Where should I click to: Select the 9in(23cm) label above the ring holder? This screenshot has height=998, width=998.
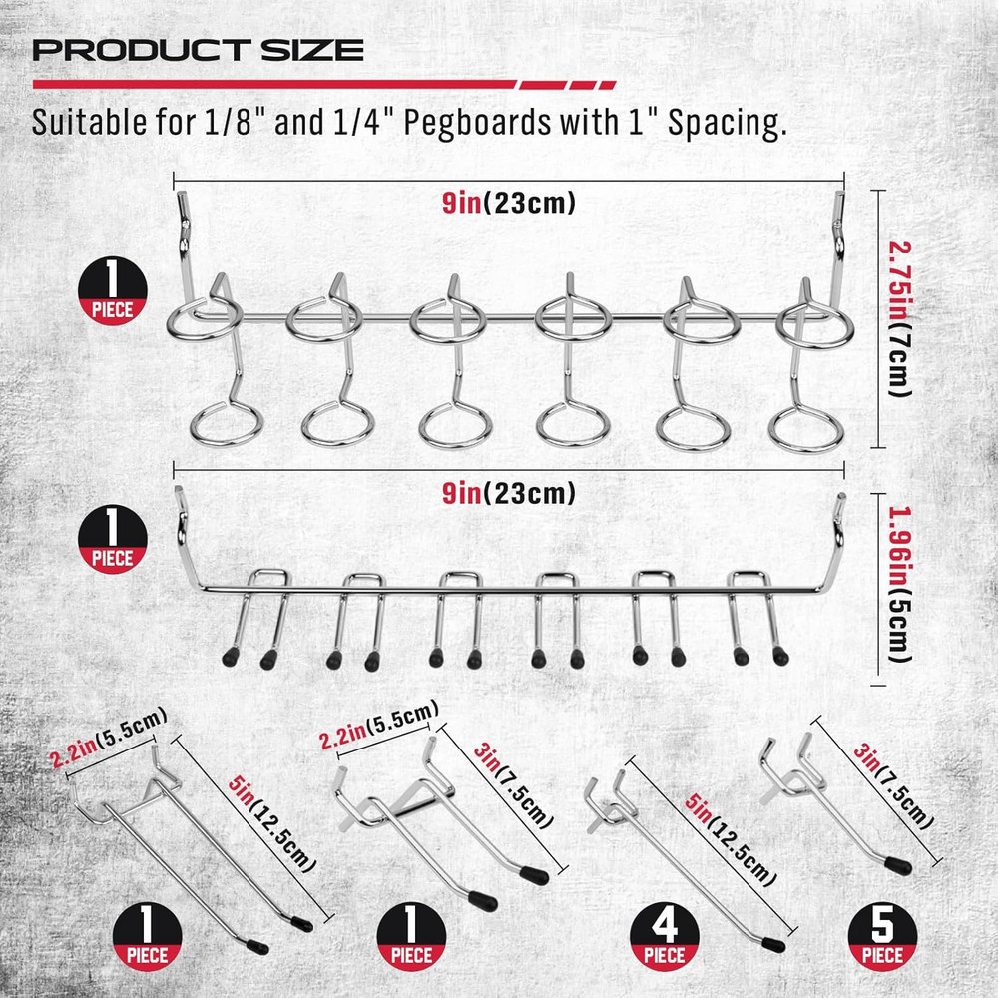click(x=510, y=205)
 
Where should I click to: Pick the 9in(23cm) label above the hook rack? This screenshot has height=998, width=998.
click(x=510, y=492)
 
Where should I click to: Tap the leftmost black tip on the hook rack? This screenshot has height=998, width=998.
click(x=232, y=660)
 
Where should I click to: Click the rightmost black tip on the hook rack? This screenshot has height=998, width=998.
click(x=779, y=656)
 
